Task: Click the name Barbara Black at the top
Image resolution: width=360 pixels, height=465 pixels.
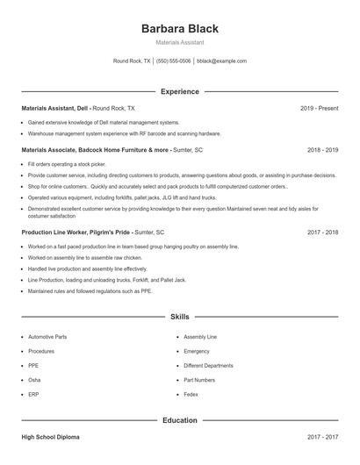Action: pos(180,29)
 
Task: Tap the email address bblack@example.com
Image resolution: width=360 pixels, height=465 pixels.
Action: pos(221,61)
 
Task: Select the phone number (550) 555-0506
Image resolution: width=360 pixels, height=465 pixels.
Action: pos(174,61)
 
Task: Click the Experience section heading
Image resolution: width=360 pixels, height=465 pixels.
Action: pos(180,91)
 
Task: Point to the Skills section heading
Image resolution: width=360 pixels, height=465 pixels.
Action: pos(180,316)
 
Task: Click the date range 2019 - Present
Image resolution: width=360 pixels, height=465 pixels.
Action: pos(319,108)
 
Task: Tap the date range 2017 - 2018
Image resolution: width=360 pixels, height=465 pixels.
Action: pos(322,232)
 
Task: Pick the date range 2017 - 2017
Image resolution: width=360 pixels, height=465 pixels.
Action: pos(322,436)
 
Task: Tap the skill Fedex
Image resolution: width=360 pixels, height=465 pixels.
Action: pos(191,394)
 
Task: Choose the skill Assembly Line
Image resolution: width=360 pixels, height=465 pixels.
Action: pos(200,337)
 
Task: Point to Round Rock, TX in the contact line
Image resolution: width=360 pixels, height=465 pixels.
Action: pos(132,61)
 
